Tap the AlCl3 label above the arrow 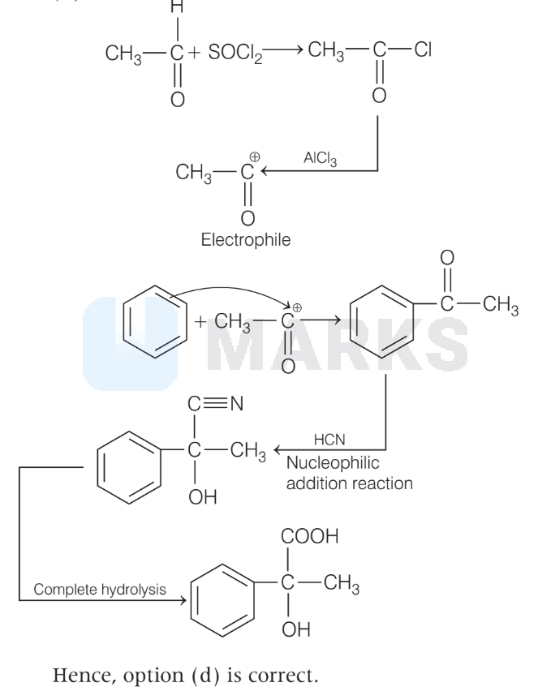[321, 160]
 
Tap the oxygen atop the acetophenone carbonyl [448, 260]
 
